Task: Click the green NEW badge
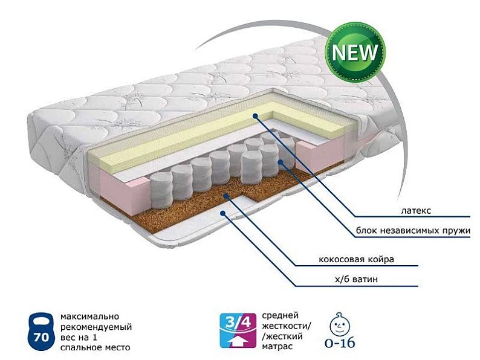[355, 53]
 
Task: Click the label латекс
[416, 210]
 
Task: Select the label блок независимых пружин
[413, 230]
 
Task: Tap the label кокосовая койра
[356, 259]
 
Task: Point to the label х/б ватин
[356, 279]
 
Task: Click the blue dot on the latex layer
[255, 115]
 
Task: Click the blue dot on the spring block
[280, 161]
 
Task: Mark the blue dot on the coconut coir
[225, 196]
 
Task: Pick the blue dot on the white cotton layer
[223, 213]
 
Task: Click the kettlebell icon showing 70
[41, 332]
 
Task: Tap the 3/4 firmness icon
[238, 330]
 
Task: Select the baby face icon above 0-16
[340, 324]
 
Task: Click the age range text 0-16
[340, 343]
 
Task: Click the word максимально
[89, 316]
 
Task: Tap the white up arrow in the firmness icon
[238, 341]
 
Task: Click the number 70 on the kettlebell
[41, 337]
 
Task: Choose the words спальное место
[95, 347]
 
